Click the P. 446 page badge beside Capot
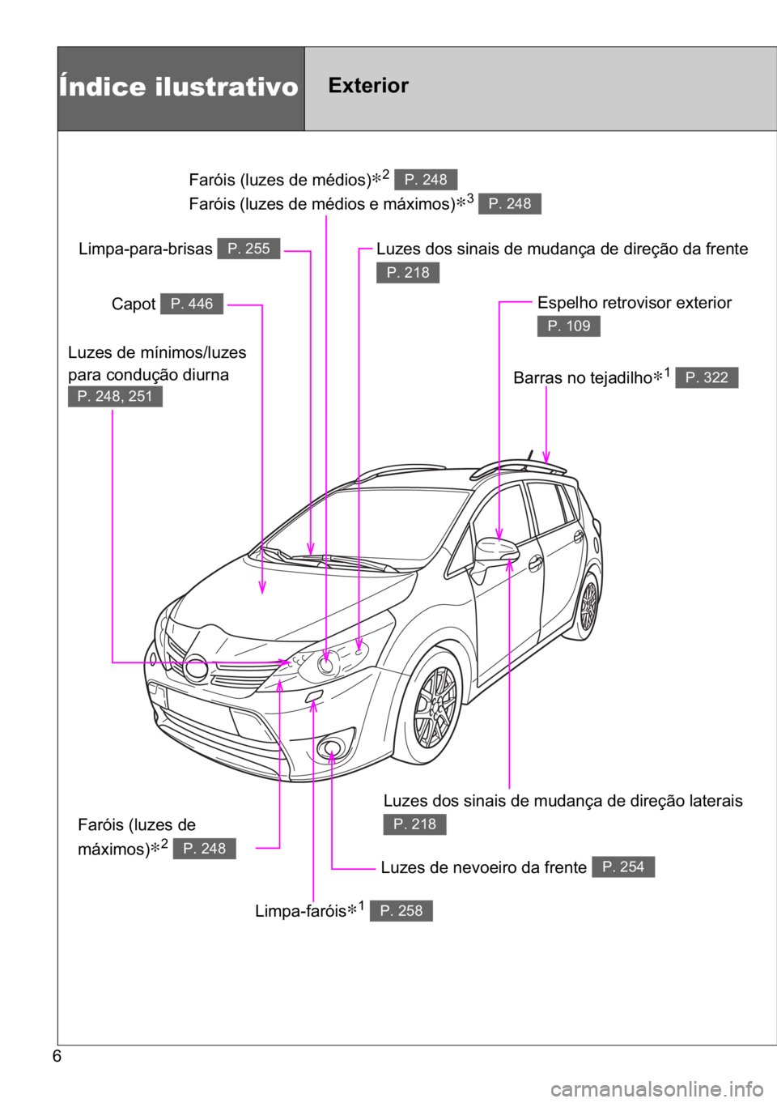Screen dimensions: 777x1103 click(192, 304)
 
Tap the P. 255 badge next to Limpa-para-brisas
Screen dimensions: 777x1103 click(248, 249)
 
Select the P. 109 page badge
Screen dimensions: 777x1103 click(568, 326)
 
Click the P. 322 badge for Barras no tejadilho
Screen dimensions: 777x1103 click(706, 377)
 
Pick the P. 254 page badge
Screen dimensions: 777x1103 click(623, 867)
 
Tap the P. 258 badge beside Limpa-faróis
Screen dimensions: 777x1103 click(401, 910)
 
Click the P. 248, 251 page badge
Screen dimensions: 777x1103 click(115, 396)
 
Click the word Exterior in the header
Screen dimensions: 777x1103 click(368, 86)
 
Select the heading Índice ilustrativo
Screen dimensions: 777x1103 click(178, 87)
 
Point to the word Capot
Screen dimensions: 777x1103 click(134, 304)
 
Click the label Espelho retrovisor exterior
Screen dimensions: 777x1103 click(635, 302)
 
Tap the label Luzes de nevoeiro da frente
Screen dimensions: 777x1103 click(484, 867)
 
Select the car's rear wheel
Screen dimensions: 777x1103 click(587, 606)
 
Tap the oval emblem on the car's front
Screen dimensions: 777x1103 click(195, 669)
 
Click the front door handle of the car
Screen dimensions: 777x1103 click(535, 562)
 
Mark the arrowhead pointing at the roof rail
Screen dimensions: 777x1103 click(546, 458)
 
